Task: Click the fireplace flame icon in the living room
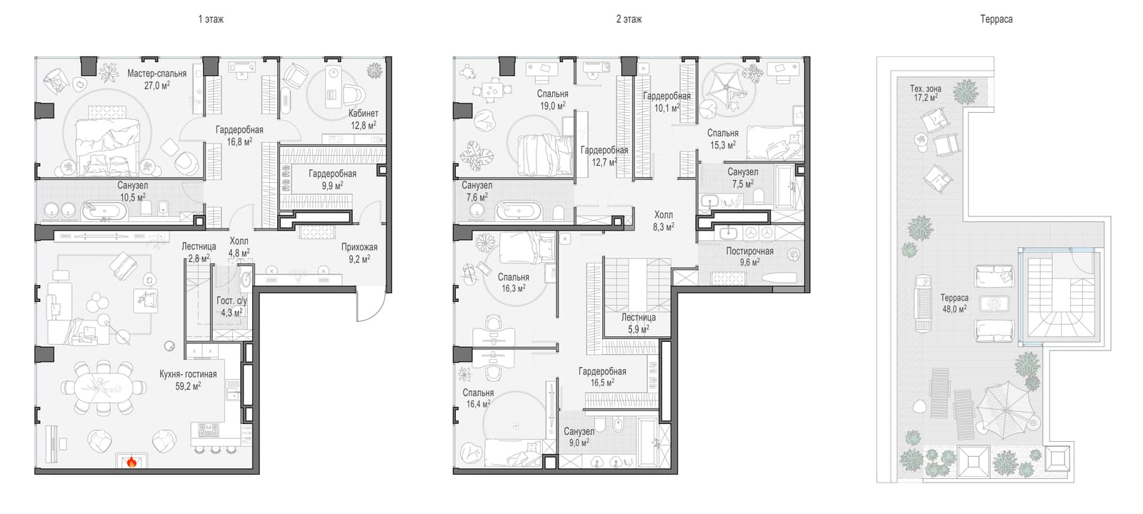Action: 131,462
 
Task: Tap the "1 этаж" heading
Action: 211,19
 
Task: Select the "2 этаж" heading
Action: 629,19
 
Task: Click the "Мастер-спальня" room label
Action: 156,74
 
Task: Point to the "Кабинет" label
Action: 364,114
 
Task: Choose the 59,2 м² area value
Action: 188,386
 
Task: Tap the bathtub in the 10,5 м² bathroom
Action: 104,211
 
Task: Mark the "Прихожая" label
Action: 359,247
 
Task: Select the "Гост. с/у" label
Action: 231,301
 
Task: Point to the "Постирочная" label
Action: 749,251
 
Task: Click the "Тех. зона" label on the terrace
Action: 926,89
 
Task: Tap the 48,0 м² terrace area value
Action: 954,309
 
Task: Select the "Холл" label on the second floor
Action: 664,215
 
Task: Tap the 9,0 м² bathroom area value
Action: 579,443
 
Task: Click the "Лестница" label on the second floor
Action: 639,317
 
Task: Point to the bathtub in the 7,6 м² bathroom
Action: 519,211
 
